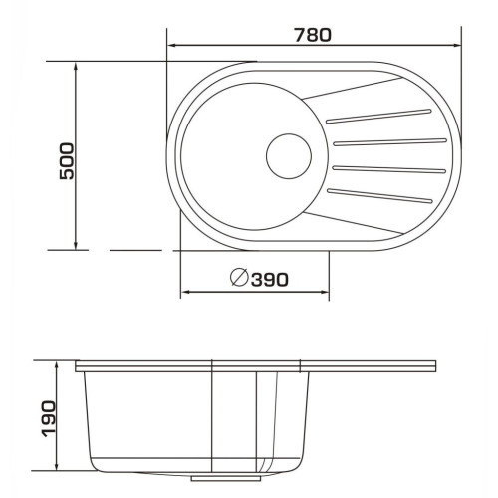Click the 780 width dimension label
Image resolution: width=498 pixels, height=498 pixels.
coord(313,35)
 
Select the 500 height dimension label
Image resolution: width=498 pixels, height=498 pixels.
coord(67,161)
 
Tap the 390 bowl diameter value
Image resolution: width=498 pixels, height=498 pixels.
coord(270,280)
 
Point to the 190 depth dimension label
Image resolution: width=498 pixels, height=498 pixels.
coord(49,419)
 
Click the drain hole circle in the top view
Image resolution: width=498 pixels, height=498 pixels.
coord(289,156)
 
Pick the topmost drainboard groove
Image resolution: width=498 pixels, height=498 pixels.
coord(378,116)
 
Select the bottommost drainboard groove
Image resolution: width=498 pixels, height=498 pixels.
coord(379,195)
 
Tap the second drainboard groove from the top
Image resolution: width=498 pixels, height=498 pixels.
coord(390,142)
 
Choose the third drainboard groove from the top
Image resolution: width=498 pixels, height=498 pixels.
coord(389,169)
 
